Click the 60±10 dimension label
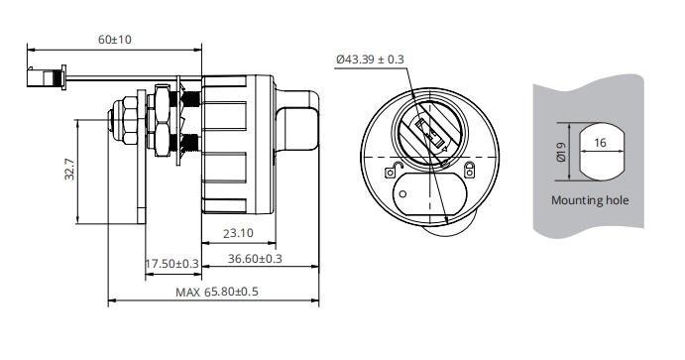pyautogui.click(x=115, y=39)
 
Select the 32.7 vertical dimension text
pyautogui.click(x=68, y=171)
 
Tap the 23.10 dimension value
pyautogui.click(x=237, y=234)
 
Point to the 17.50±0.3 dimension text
pyautogui.click(x=172, y=263)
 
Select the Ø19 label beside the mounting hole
pyautogui.click(x=561, y=152)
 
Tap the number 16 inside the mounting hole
pyautogui.click(x=599, y=142)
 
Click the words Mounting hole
pyautogui.click(x=590, y=200)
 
